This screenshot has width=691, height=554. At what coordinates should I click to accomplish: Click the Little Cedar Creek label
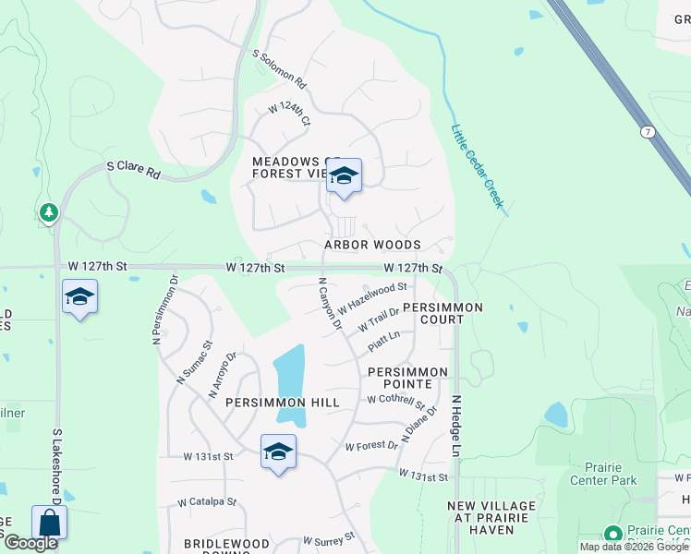click(x=477, y=166)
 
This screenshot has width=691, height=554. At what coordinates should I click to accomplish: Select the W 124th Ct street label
click(x=289, y=115)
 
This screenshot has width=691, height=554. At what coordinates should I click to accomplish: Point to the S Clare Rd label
click(x=133, y=170)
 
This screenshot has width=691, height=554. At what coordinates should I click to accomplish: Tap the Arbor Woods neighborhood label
click(x=372, y=245)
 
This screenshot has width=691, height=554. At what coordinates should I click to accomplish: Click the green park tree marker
click(x=48, y=213)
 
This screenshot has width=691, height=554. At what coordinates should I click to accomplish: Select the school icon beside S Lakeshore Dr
click(x=80, y=297)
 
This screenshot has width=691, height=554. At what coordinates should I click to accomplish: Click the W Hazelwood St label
click(x=372, y=298)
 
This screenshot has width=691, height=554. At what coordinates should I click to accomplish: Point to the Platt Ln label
click(x=383, y=341)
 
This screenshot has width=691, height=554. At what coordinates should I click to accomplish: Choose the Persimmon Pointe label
click(x=407, y=377)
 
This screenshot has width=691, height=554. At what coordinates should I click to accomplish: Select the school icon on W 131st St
click(x=278, y=452)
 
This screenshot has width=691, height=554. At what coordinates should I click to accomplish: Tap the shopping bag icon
click(x=49, y=523)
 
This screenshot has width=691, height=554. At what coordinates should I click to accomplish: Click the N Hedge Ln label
click(x=455, y=427)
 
